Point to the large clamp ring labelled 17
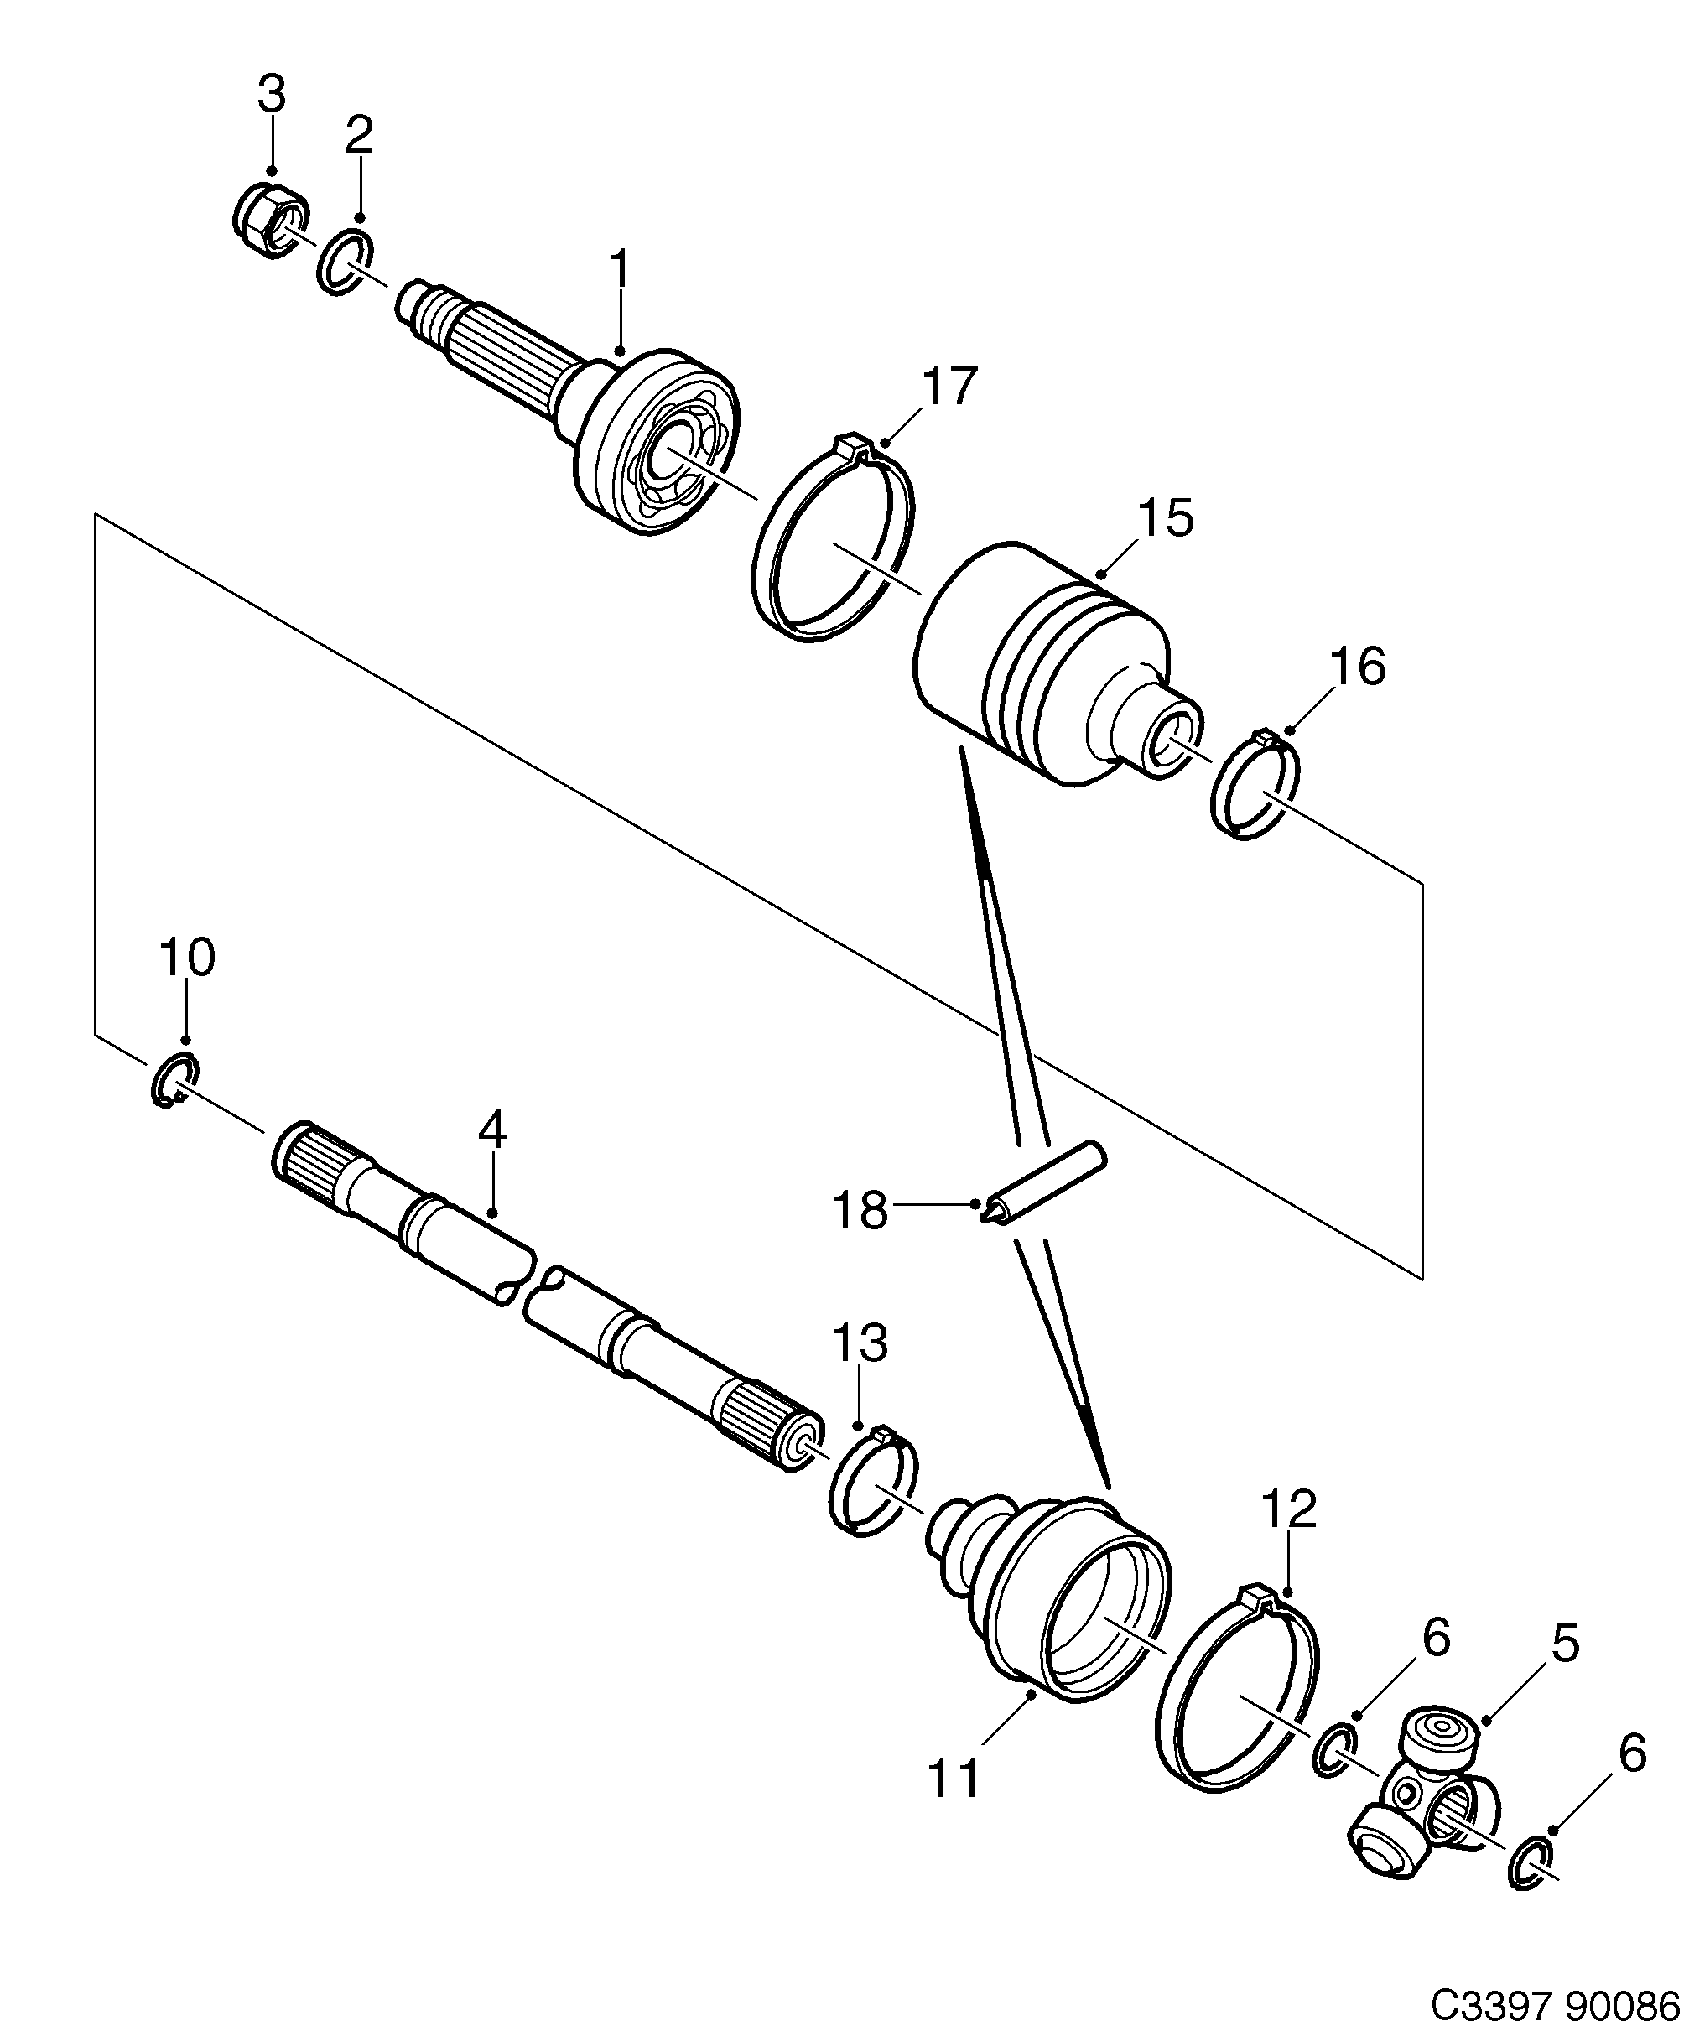coord(833,541)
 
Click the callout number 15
coord(1166,519)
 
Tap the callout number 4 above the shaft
coord(492,1130)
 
